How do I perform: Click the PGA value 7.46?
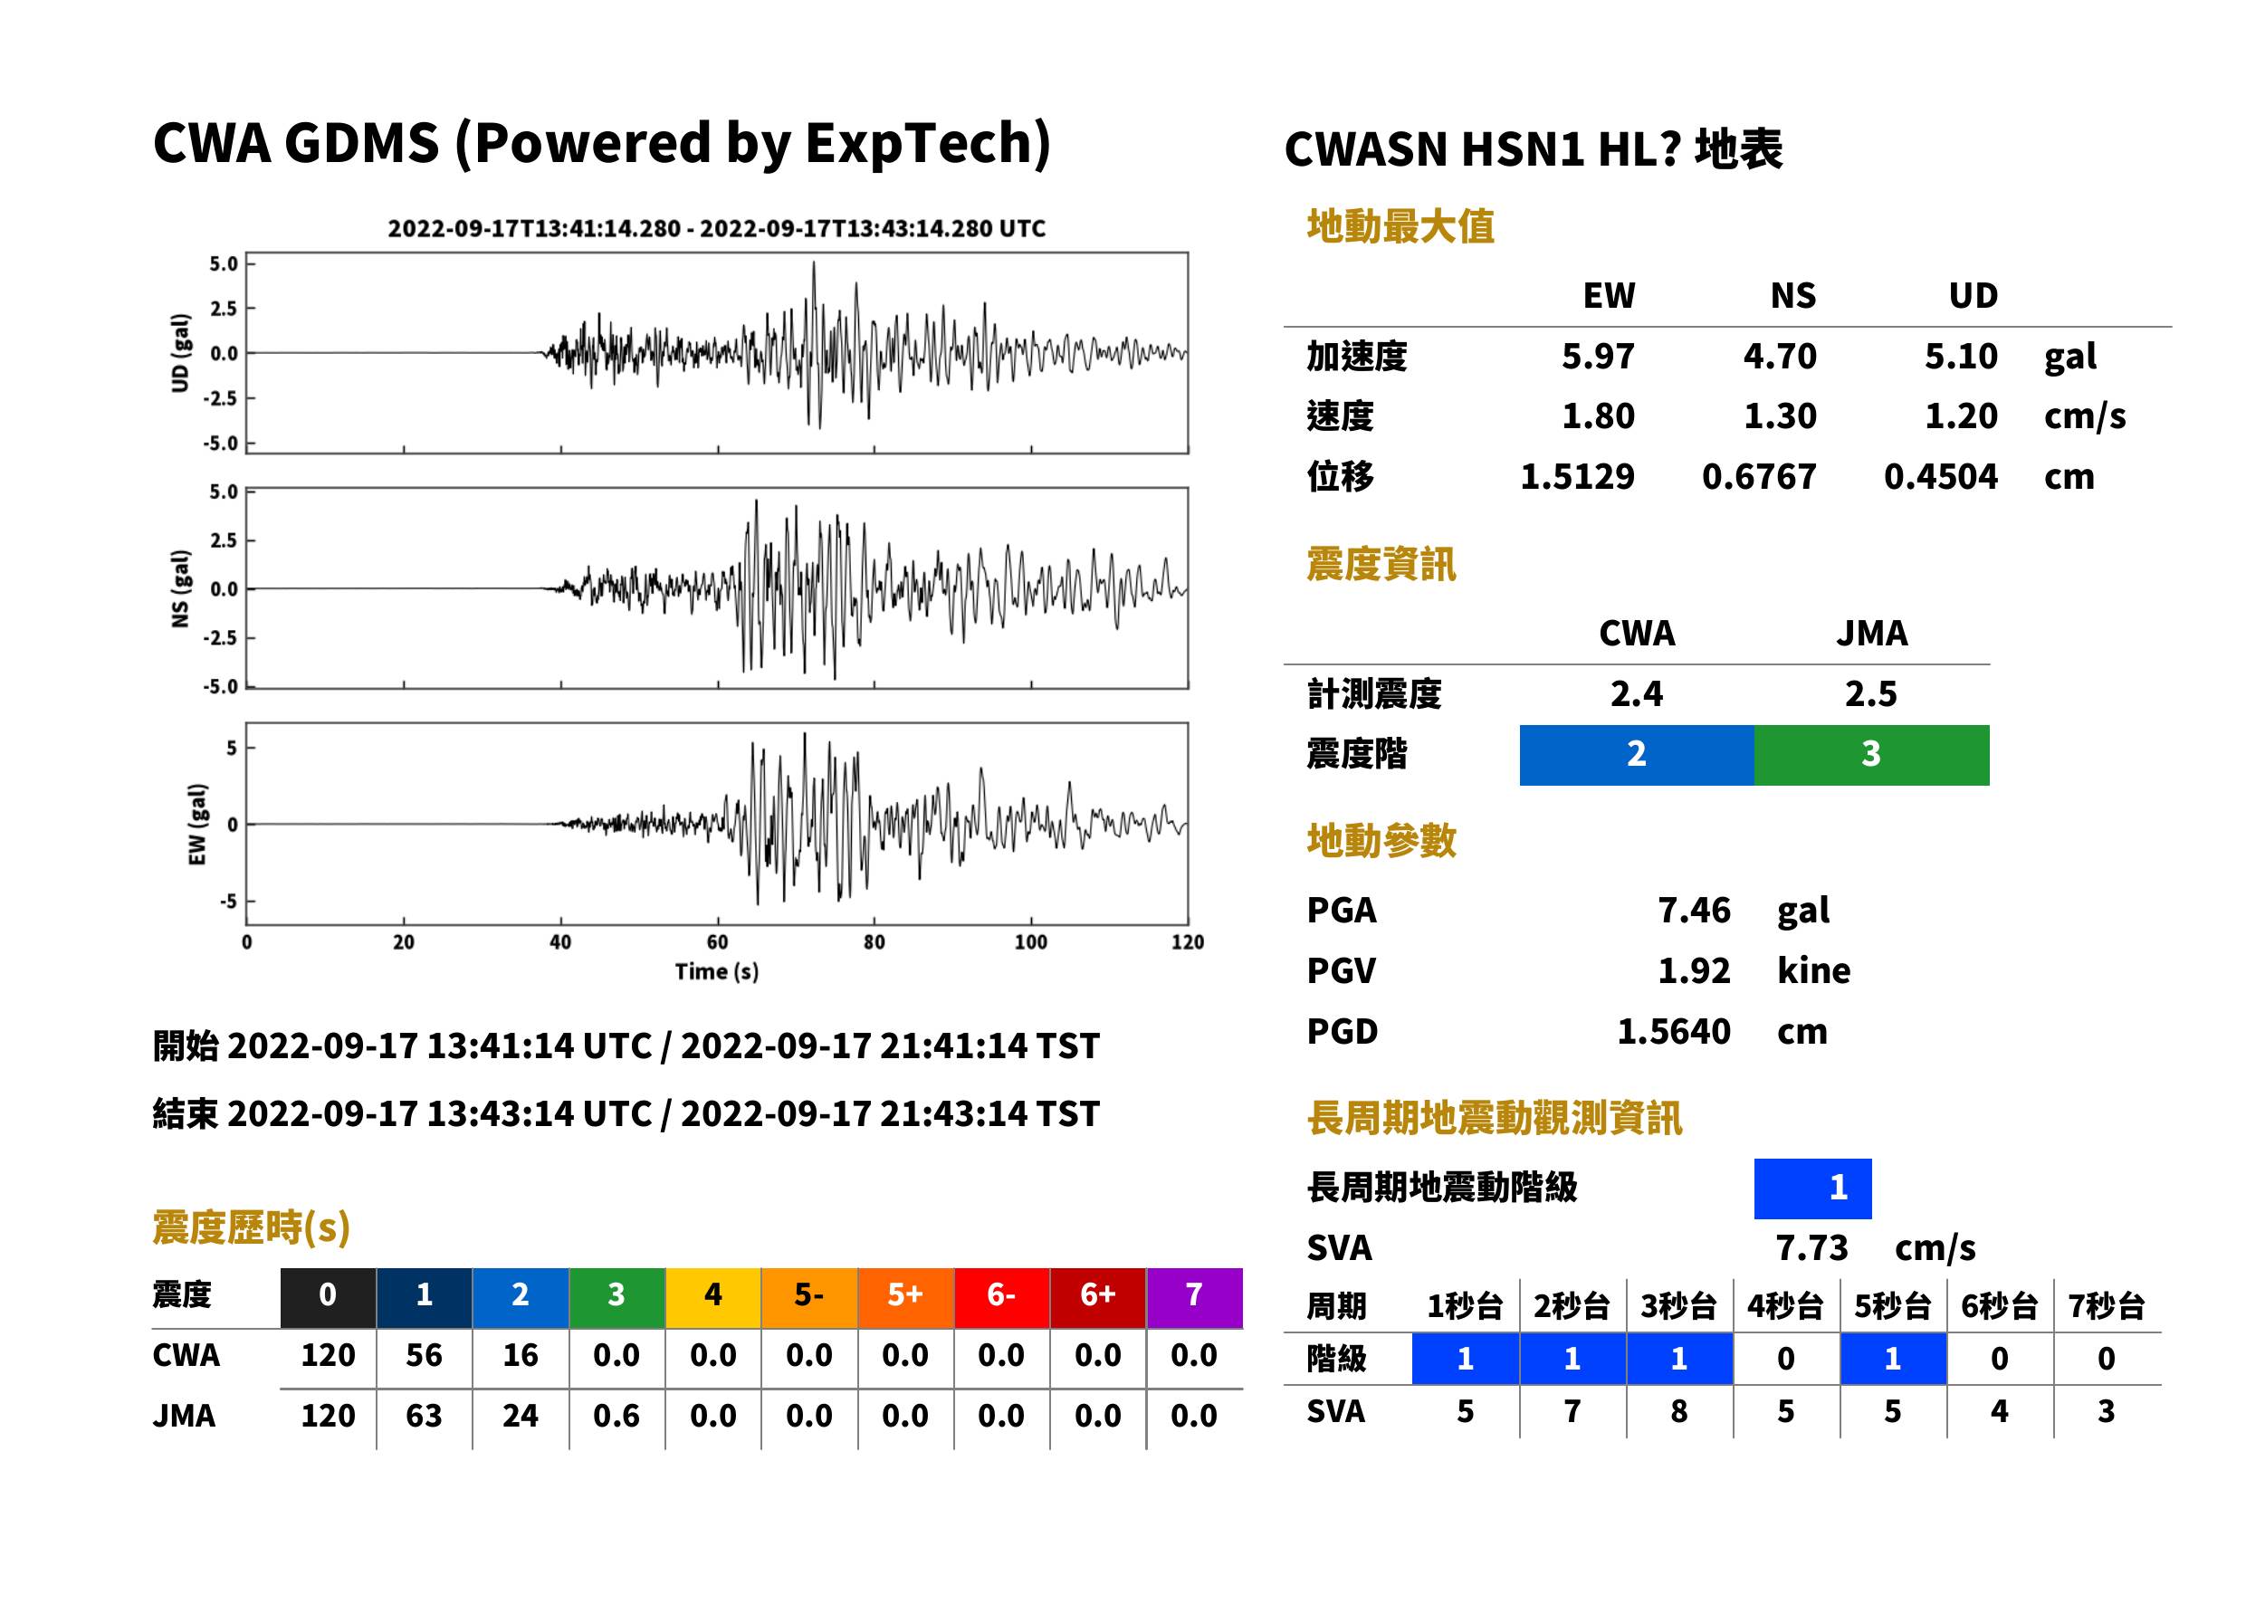(x=1693, y=910)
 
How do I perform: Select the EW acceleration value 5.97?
(x=1597, y=356)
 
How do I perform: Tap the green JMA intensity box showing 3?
(x=1870, y=755)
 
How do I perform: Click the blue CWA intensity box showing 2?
(x=1637, y=755)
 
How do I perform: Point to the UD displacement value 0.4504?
(x=1940, y=476)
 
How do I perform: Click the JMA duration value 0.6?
(x=616, y=1416)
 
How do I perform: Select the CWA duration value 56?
(x=424, y=1355)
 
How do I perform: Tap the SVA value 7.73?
(x=1811, y=1247)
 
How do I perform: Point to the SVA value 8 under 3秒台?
(x=1679, y=1411)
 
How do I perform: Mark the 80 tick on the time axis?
(x=875, y=942)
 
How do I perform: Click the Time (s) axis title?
(x=717, y=972)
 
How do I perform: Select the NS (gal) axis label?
(x=180, y=588)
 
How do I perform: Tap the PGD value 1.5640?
(x=1673, y=1031)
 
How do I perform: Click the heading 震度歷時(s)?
(x=252, y=1227)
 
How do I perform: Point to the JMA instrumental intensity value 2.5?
(x=1870, y=693)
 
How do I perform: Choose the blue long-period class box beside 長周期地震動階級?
(x=1812, y=1189)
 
